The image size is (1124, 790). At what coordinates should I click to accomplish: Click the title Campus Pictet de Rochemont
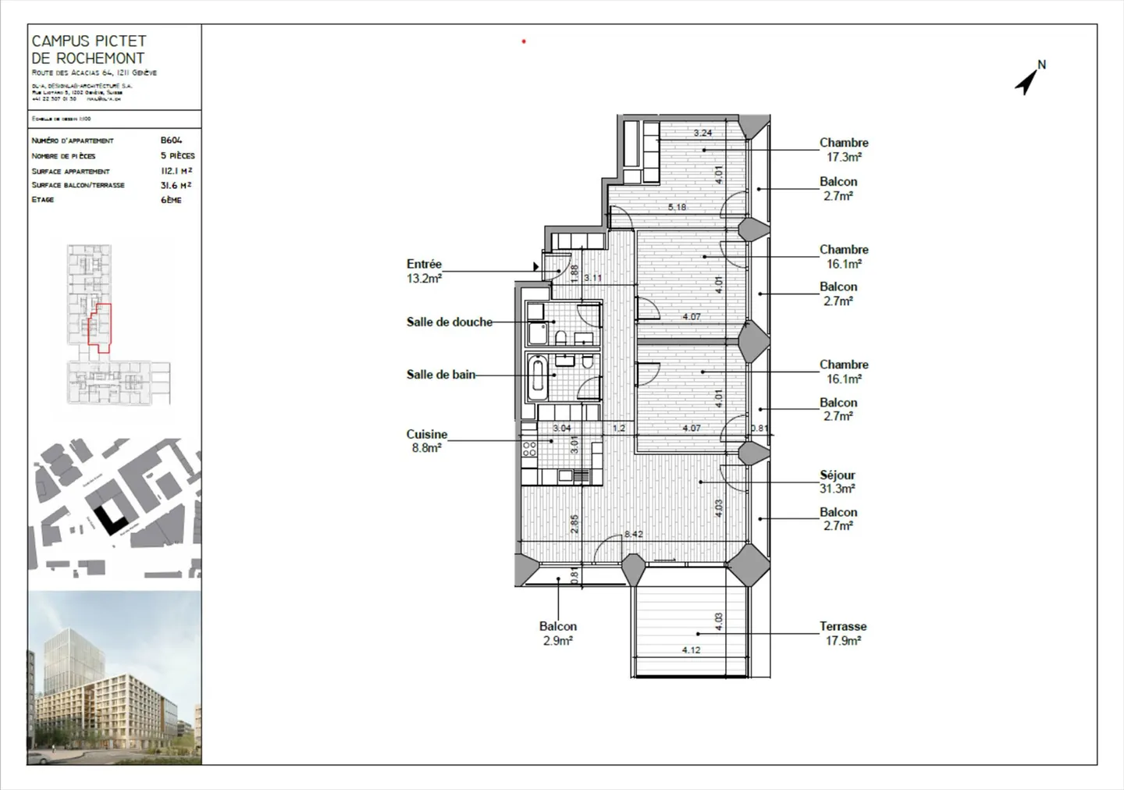click(x=88, y=49)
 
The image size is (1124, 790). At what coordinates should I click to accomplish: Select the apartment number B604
click(x=171, y=141)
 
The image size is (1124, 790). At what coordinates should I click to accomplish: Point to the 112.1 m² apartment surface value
click(x=176, y=170)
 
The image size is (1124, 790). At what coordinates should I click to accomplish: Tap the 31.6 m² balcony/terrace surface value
click(x=176, y=185)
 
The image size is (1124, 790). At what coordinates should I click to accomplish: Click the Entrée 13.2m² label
click(x=424, y=271)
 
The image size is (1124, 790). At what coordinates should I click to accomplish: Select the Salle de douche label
click(x=449, y=322)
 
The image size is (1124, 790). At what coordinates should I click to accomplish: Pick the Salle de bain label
click(x=440, y=375)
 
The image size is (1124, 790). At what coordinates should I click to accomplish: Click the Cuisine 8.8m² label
click(x=426, y=441)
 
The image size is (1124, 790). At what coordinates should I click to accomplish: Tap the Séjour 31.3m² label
click(x=837, y=482)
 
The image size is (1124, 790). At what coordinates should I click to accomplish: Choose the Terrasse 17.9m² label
click(x=843, y=633)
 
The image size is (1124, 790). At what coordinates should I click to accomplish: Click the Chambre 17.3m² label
click(x=844, y=150)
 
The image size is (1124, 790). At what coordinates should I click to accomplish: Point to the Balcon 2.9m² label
click(x=557, y=633)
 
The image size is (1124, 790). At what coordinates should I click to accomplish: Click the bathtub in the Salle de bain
click(x=537, y=378)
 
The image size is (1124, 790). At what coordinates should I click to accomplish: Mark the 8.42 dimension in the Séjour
click(x=633, y=534)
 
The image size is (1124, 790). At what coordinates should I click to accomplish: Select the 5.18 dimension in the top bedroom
click(x=677, y=207)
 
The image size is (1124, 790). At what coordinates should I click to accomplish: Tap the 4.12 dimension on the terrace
click(x=691, y=649)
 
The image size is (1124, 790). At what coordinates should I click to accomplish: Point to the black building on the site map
click(x=109, y=514)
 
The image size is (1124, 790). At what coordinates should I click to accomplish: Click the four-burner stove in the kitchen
click(x=529, y=449)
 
